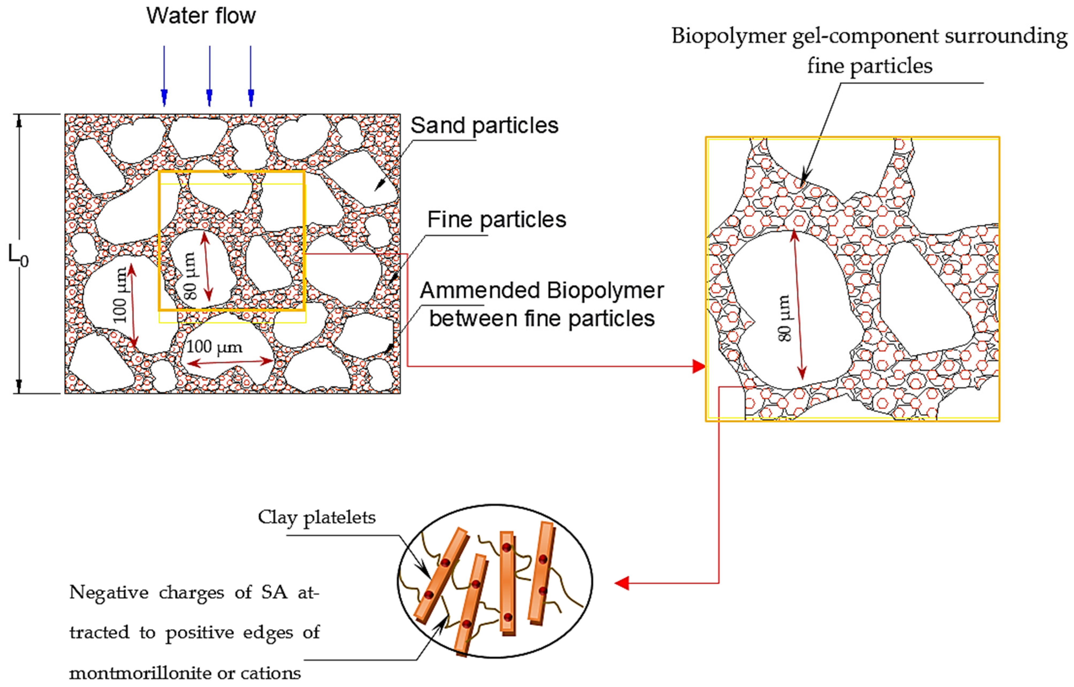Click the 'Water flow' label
tap(201, 16)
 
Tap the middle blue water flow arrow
tap(209, 76)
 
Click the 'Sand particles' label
tap(484, 125)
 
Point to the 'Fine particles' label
tap(496, 220)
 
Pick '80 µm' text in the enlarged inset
tap(784, 318)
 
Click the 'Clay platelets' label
tap(316, 518)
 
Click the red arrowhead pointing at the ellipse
tap(622, 583)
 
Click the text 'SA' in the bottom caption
tap(274, 593)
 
